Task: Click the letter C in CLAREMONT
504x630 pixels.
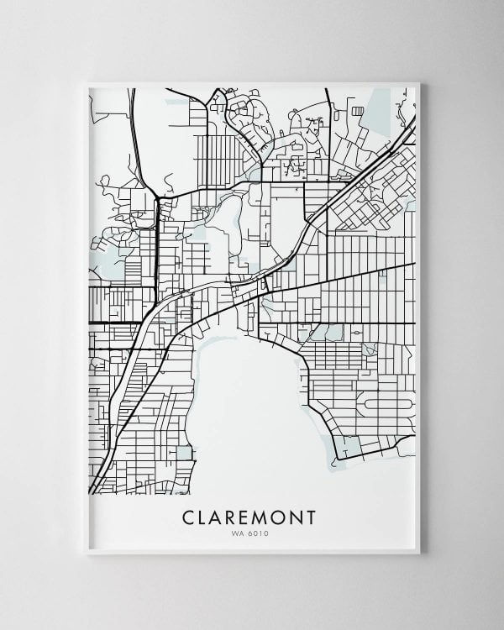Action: [x=190, y=517]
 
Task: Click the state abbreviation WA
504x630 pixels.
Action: [x=242, y=532]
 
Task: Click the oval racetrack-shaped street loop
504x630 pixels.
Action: [x=388, y=404]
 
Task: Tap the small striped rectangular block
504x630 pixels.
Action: [x=358, y=111]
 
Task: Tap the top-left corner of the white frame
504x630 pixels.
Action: [x=87, y=83]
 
